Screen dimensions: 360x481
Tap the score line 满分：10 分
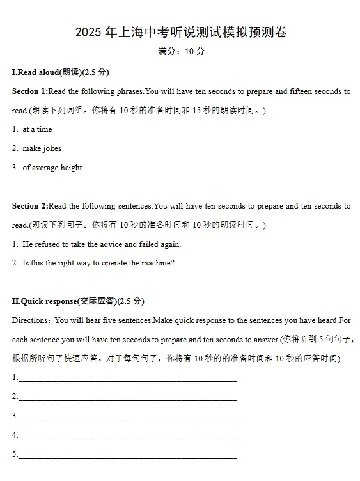coord(181,52)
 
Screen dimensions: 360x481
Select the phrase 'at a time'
coord(37,129)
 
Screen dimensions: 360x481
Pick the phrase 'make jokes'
coord(42,148)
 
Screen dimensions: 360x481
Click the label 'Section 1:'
coord(29,91)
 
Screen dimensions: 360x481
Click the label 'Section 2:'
coord(29,206)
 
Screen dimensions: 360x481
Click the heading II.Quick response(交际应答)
coord(78,301)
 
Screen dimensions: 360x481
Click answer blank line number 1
coord(128,379)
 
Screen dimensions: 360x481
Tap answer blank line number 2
coord(128,398)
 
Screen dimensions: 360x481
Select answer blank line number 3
coord(128,417)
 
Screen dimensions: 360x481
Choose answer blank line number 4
coord(128,436)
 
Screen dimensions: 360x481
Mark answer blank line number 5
coord(128,455)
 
